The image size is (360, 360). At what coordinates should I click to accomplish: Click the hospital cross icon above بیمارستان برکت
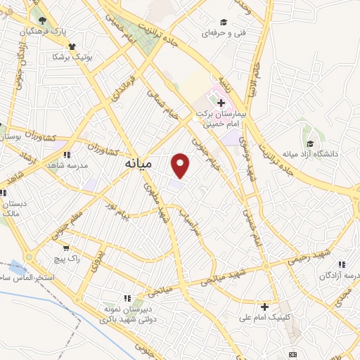[221, 103]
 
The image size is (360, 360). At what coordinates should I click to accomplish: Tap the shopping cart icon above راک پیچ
[65, 247]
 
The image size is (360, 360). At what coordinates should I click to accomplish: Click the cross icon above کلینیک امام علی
[264, 306]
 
